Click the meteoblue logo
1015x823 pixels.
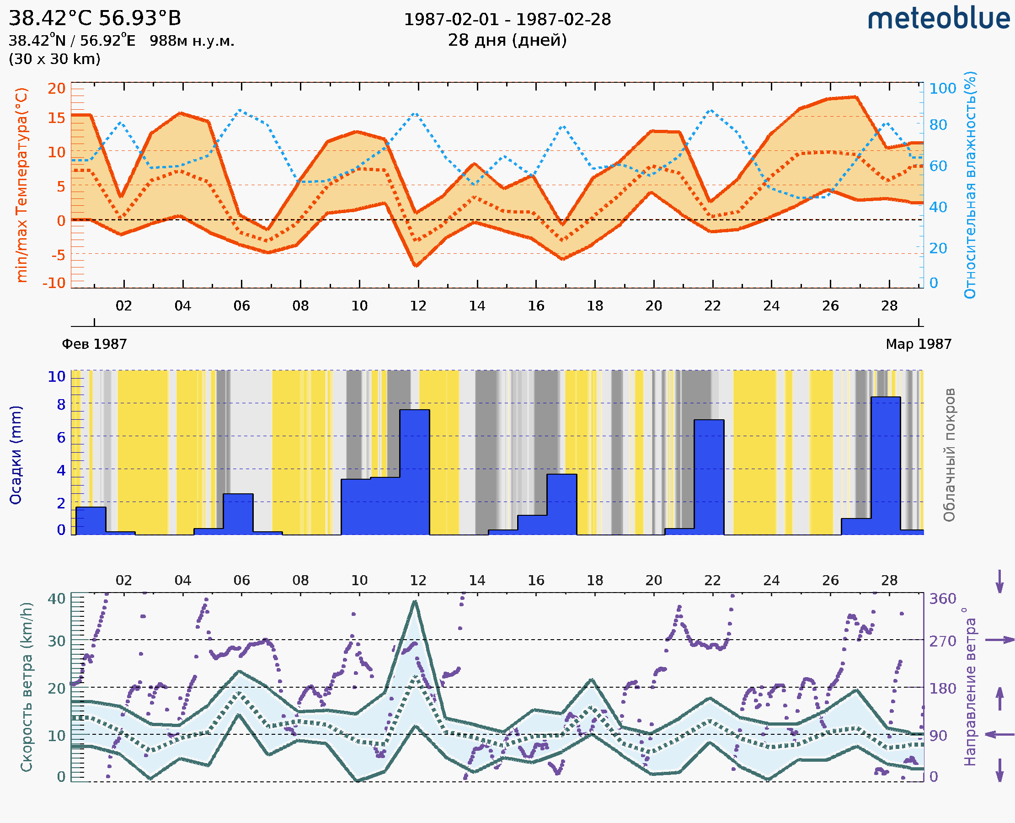point(939,19)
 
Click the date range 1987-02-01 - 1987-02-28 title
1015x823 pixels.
point(507,20)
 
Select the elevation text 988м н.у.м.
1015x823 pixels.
point(192,41)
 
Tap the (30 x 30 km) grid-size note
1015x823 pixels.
point(54,59)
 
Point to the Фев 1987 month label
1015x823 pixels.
point(94,344)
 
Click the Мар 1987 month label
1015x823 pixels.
point(918,344)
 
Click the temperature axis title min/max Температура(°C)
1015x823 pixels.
point(22,185)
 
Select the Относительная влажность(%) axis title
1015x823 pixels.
point(970,185)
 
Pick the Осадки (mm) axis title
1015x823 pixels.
point(16,455)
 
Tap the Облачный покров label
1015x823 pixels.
point(949,455)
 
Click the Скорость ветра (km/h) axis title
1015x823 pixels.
point(27,687)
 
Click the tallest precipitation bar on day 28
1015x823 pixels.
point(886,465)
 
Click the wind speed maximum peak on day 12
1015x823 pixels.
point(415,602)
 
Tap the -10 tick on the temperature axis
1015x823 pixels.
point(54,283)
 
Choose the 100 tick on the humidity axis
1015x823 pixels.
point(942,89)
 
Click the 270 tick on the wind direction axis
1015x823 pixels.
point(942,641)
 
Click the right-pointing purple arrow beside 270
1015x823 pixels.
point(999,640)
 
